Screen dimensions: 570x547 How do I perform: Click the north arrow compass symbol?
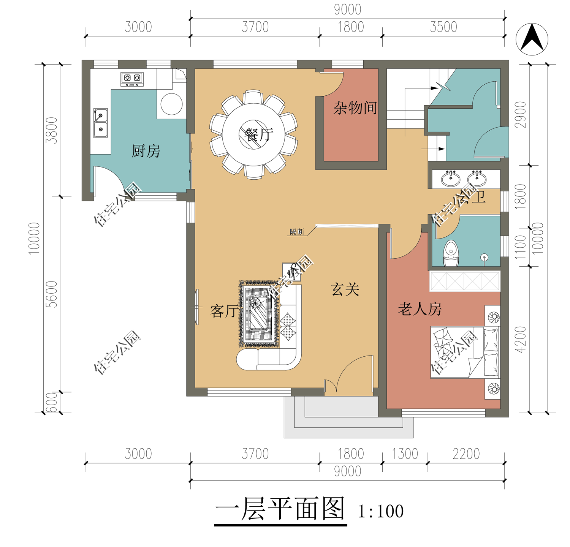[x=532, y=39]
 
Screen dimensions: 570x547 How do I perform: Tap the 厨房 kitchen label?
[x=146, y=151]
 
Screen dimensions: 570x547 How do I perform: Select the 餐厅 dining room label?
[x=259, y=134]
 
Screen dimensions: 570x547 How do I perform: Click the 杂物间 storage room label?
[x=355, y=108]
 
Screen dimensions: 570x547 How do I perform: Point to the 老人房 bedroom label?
[x=420, y=309]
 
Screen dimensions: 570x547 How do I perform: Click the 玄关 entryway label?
[x=345, y=290]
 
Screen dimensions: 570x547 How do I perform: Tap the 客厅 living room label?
[x=225, y=311]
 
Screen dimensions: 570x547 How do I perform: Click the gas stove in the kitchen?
[x=132, y=79]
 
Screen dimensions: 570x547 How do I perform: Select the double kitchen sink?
[x=101, y=123]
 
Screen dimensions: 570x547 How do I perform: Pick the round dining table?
[x=253, y=134]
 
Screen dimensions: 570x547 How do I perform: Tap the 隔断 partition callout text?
[x=297, y=232]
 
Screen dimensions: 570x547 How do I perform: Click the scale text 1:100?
[x=381, y=511]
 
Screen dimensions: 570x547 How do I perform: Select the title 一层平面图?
[x=280, y=509]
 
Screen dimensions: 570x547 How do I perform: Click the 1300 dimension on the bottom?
[x=405, y=454]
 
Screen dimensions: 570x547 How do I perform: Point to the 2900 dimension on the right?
[x=520, y=115]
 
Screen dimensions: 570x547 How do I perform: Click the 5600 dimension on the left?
[x=52, y=294]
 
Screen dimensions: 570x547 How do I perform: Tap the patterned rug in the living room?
[x=259, y=314]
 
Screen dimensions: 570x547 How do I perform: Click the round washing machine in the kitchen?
[x=172, y=104]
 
